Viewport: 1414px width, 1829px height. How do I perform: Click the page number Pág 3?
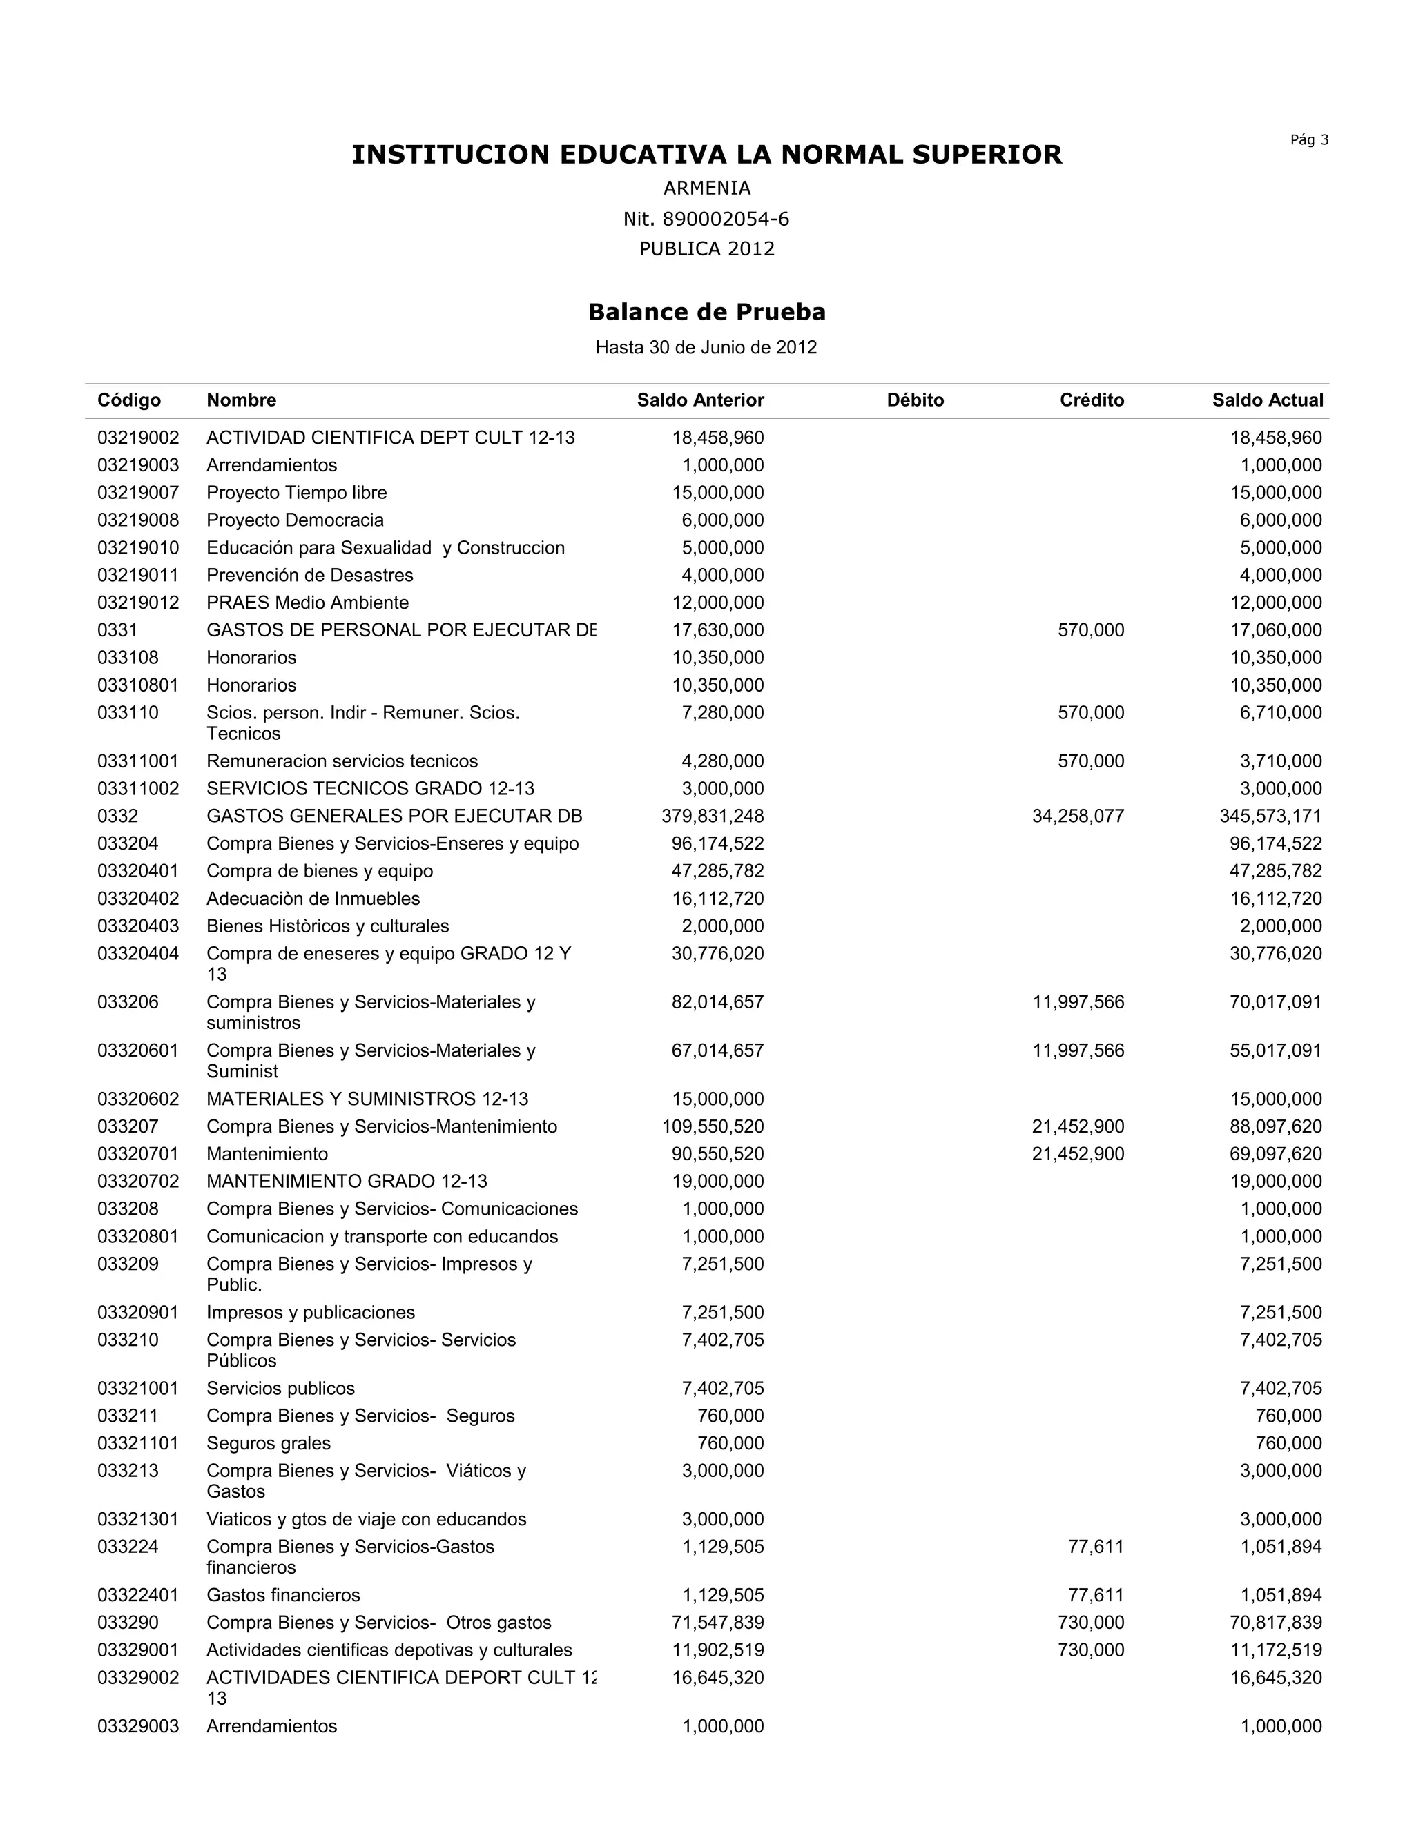[x=1308, y=140]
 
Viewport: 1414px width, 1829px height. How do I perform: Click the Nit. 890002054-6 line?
[x=706, y=219]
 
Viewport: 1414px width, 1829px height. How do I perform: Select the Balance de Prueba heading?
[x=706, y=313]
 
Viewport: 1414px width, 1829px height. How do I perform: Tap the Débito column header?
[x=915, y=400]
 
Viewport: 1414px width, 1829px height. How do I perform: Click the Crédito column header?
[x=1092, y=400]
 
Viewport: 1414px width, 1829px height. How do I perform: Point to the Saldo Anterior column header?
[x=700, y=400]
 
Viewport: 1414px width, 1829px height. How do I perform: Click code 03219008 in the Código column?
[x=138, y=520]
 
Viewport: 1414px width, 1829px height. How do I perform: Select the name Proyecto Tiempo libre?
[x=296, y=492]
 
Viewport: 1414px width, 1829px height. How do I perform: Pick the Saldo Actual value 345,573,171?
[x=1271, y=816]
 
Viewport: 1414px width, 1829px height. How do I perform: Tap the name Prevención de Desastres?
[x=310, y=576]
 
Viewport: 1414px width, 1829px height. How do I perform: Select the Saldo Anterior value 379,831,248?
[x=713, y=816]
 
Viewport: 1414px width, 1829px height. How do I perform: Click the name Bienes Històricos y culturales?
[x=327, y=926]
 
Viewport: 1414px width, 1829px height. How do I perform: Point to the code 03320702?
[x=138, y=1182]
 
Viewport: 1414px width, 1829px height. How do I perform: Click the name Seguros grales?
[x=269, y=1443]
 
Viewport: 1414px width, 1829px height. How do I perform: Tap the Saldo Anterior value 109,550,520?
[x=713, y=1126]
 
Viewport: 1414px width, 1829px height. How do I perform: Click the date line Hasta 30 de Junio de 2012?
[x=706, y=348]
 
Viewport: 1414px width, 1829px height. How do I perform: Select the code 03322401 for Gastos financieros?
[x=138, y=1594]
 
